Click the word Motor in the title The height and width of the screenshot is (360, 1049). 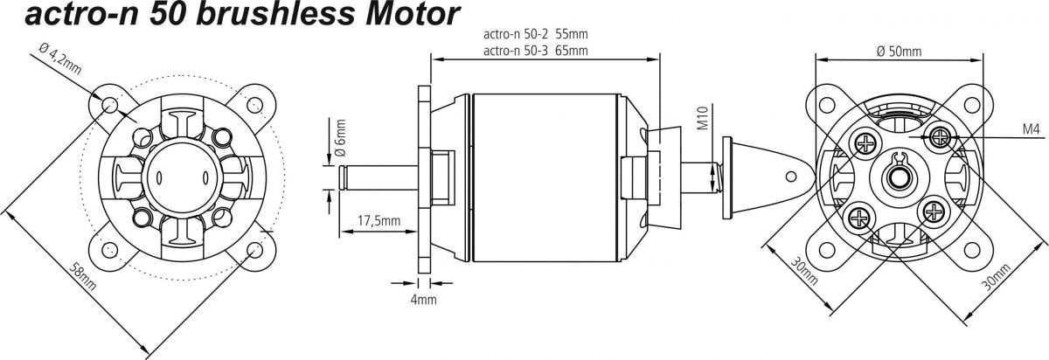pyautogui.click(x=413, y=14)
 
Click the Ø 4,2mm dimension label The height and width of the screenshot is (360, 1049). pyautogui.click(x=60, y=59)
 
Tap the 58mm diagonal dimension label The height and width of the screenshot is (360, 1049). pyautogui.click(x=82, y=276)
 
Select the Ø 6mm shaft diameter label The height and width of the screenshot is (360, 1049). pyautogui.click(x=340, y=138)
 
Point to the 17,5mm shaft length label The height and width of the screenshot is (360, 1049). pyautogui.click(x=379, y=220)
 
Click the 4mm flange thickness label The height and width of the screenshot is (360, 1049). pyautogui.click(x=423, y=299)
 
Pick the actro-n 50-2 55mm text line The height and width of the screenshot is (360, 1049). pyautogui.click(x=535, y=34)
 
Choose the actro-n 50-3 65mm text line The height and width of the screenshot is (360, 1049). pyautogui.click(x=535, y=50)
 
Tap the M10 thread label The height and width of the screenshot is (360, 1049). pyautogui.click(x=703, y=117)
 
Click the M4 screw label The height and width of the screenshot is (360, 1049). pyautogui.click(x=1031, y=128)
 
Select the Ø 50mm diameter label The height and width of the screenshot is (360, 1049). pyautogui.click(x=899, y=51)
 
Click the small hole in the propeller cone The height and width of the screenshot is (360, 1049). pyautogui.click(x=791, y=177)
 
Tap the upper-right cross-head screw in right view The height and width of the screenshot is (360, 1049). pyautogui.click(x=940, y=137)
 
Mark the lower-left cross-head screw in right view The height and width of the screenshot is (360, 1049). pyautogui.click(x=860, y=217)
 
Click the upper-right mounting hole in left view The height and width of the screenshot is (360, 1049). pyautogui.click(x=254, y=104)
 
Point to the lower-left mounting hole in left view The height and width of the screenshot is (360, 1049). pyautogui.click(x=109, y=249)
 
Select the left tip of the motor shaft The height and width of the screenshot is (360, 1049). pyautogui.click(x=339, y=177)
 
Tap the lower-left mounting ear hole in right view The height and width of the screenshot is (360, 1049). pyautogui.click(x=827, y=250)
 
